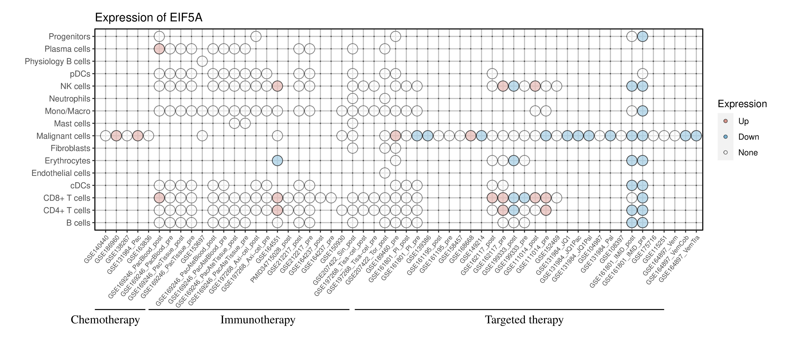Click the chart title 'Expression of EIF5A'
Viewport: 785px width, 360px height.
[149, 18]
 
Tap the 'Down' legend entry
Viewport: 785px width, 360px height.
[748, 137]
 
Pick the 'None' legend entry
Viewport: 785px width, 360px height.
[747, 153]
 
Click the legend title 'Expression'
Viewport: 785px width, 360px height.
[742, 104]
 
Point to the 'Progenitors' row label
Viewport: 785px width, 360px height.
[70, 37]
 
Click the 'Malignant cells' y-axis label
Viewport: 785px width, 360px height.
[63, 136]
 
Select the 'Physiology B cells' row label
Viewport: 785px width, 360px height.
[58, 61]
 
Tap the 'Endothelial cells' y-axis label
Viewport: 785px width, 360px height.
[61, 173]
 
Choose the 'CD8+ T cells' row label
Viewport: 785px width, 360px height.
[67, 198]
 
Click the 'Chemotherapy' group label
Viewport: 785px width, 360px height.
[105, 320]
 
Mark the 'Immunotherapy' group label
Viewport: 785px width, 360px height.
[258, 320]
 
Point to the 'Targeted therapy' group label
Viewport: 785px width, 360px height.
[524, 320]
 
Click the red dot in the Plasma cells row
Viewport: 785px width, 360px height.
[159, 49]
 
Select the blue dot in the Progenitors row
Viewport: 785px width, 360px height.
[642, 37]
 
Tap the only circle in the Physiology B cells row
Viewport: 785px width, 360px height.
[202, 61]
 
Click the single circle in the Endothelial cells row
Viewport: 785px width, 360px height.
[385, 173]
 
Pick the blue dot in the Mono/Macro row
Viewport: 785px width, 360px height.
[642, 111]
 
